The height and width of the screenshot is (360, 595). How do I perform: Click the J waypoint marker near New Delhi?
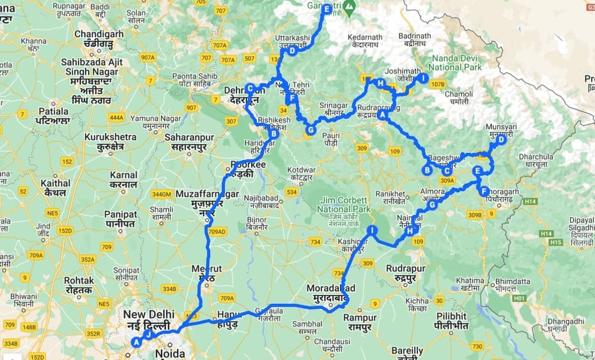(148, 334)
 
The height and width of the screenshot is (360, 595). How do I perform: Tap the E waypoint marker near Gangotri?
(327, 9)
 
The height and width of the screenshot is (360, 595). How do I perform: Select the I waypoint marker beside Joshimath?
(423, 78)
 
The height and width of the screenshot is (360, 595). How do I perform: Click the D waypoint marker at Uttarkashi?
(291, 51)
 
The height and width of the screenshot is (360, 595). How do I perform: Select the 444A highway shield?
(116, 117)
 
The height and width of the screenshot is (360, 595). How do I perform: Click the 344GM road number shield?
(163, 194)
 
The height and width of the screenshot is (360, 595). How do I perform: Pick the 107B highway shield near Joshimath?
(438, 84)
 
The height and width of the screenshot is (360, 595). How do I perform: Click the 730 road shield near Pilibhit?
(477, 346)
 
